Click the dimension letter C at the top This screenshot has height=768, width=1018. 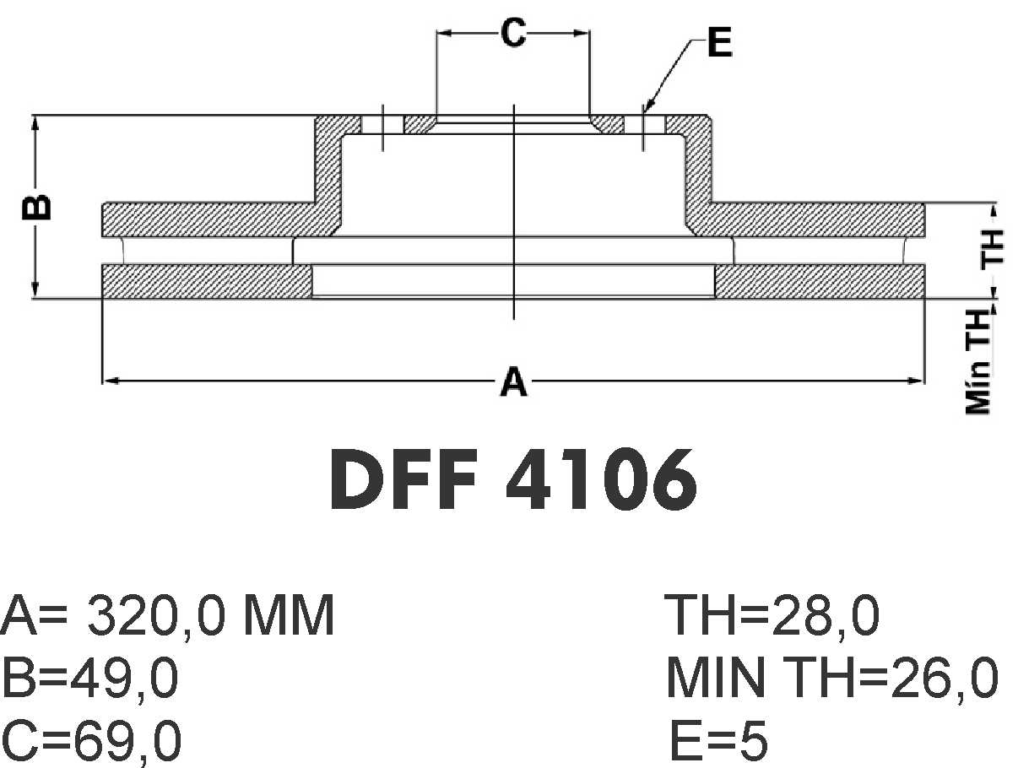point(513,33)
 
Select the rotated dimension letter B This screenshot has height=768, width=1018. point(36,206)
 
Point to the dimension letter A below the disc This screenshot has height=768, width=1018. point(513,381)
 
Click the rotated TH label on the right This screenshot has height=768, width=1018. point(992,248)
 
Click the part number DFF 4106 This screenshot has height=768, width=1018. point(513,479)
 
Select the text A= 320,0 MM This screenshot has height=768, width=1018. point(167,615)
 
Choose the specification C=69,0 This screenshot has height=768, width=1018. point(91,741)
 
